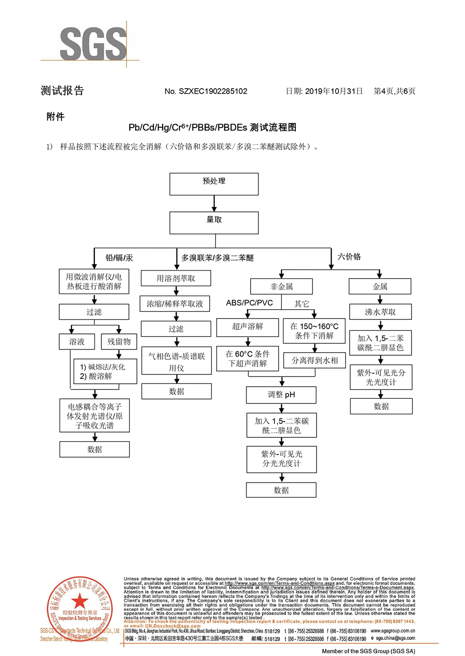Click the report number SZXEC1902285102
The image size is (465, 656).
[x=213, y=91]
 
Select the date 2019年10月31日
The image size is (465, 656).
[x=333, y=91]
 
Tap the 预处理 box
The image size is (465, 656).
[x=214, y=184]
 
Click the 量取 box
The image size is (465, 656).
[x=214, y=223]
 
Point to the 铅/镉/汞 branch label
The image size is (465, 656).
[x=119, y=258]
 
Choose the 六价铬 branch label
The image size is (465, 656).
[x=349, y=257]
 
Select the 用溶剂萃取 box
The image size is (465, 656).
[x=176, y=278]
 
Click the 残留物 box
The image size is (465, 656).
[x=119, y=342]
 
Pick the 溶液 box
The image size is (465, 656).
[x=77, y=342]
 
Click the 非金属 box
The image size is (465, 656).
[x=281, y=286]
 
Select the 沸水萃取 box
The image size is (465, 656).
[x=380, y=312]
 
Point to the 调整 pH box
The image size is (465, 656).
[x=281, y=395]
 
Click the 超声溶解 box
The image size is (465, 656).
[x=247, y=327]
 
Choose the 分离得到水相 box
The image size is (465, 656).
[x=315, y=360]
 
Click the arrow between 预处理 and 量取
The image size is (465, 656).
[x=214, y=203]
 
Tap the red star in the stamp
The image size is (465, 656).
[x=80, y=601]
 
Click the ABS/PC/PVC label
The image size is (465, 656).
[x=249, y=303]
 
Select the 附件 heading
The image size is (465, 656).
[x=55, y=117]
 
